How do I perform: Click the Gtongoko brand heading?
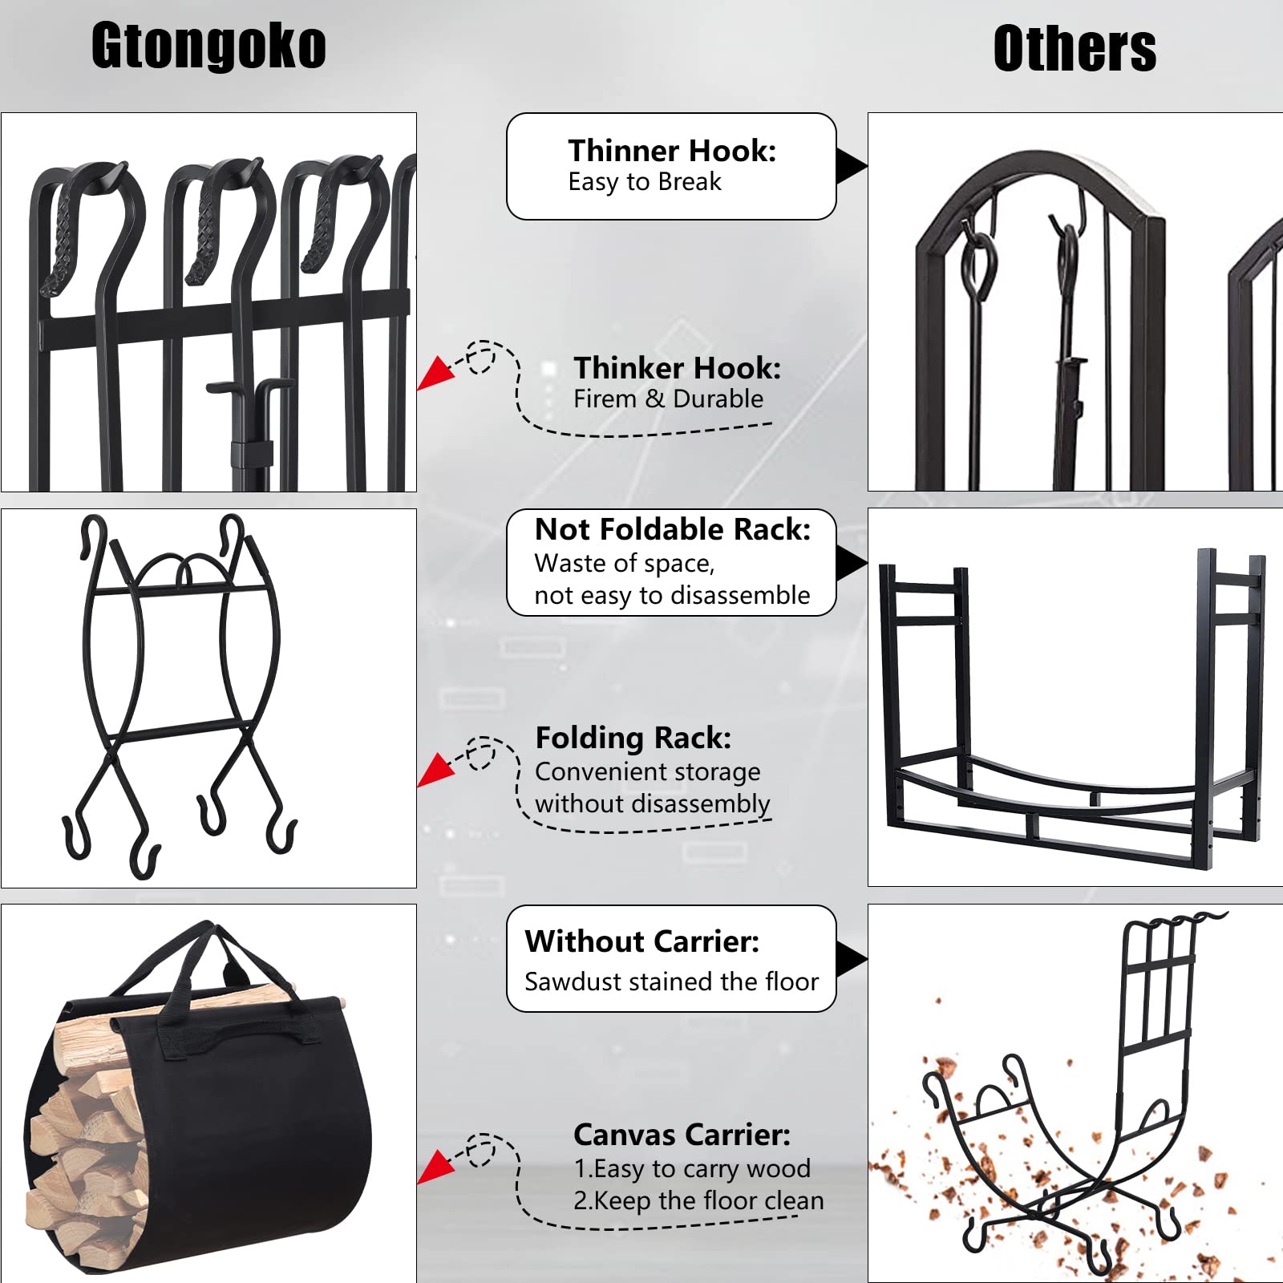pos(208,46)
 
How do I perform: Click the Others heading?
pos(1075,49)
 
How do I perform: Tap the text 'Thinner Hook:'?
pos(672,151)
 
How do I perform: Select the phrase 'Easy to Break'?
pos(645,182)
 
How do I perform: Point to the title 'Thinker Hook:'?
pos(677,368)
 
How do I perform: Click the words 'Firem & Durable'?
pos(668,399)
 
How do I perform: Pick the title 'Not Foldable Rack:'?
pos(672,529)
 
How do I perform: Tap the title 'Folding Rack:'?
pos(633,738)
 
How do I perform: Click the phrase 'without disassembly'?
pos(652,803)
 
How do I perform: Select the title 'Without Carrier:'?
pos(641,941)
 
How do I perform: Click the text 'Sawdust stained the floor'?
pos(671,981)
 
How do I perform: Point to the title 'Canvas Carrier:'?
pos(682,1135)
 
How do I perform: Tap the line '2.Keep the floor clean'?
pos(698,1200)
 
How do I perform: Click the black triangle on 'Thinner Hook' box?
pos(849,166)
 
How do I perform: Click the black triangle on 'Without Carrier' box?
pos(849,959)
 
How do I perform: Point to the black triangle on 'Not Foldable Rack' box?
pos(849,562)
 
